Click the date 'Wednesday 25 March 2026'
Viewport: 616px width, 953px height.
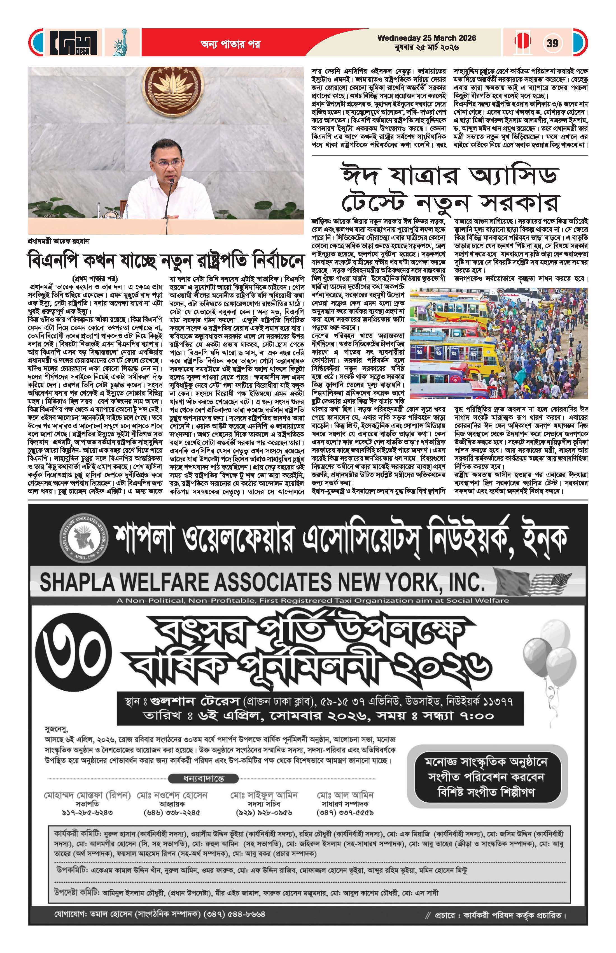pos(426,38)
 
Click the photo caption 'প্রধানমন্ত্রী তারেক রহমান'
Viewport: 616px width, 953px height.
pos(59,241)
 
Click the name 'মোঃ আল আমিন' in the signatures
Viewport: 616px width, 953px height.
pos(345,794)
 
